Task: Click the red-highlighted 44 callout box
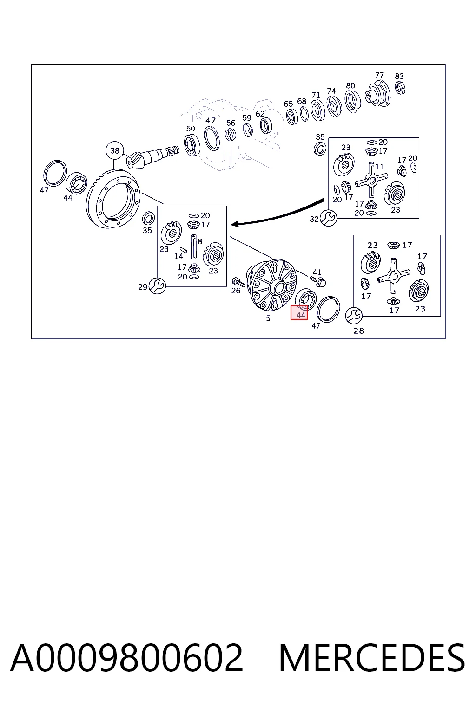[x=299, y=312]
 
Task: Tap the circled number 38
[x=115, y=150]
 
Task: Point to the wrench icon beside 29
[x=157, y=285]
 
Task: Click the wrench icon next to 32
[x=328, y=218]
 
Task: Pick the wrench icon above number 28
[x=354, y=315]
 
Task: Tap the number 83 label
[x=399, y=76]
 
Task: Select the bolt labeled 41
[x=318, y=281]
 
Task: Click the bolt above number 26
[x=238, y=282]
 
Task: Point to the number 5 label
[x=268, y=318]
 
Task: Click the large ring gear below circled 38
[x=113, y=199]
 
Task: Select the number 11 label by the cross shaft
[x=379, y=167]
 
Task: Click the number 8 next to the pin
[x=200, y=241]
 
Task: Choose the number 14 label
[x=179, y=256]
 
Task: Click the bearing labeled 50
[x=192, y=145]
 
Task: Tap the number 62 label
[x=260, y=114]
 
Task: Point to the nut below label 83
[x=400, y=88]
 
